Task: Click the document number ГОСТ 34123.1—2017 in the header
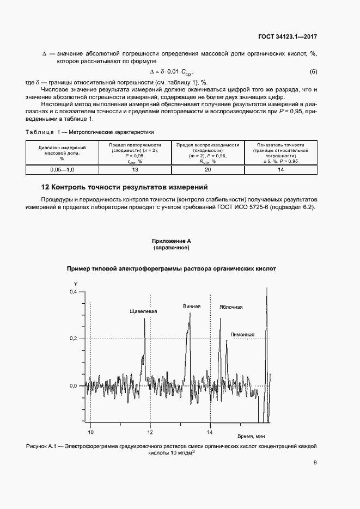tap(288, 38)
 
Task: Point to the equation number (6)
tap(313, 72)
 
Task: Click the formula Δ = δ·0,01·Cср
tap(172, 72)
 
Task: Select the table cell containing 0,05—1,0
tap(63, 170)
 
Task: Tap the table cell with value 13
tap(136, 170)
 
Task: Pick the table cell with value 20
tap(208, 170)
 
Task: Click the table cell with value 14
tap(281, 170)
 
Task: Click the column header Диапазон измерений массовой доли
tap(63, 153)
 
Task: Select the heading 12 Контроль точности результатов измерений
tap(125, 187)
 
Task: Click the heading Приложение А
tap(172, 241)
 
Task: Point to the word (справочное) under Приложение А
tap(172, 248)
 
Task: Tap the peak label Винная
tap(192, 306)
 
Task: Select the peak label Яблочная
tap(231, 307)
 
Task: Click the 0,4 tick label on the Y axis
tap(74, 292)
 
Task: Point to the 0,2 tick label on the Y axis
tap(74, 339)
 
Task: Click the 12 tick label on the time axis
tap(150, 432)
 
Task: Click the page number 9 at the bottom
tap(315, 463)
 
